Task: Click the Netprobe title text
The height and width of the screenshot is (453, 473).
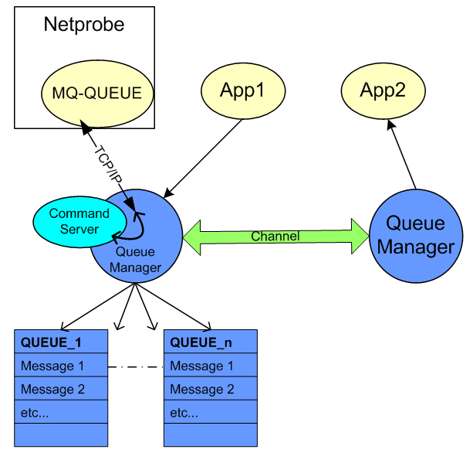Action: click(84, 25)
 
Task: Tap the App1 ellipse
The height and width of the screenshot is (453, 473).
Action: click(243, 90)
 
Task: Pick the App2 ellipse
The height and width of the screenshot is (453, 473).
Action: click(383, 90)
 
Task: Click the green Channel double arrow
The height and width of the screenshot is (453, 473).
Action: click(275, 236)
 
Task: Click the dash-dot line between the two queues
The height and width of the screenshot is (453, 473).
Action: click(136, 366)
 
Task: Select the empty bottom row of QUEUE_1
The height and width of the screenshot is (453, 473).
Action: click(61, 434)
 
